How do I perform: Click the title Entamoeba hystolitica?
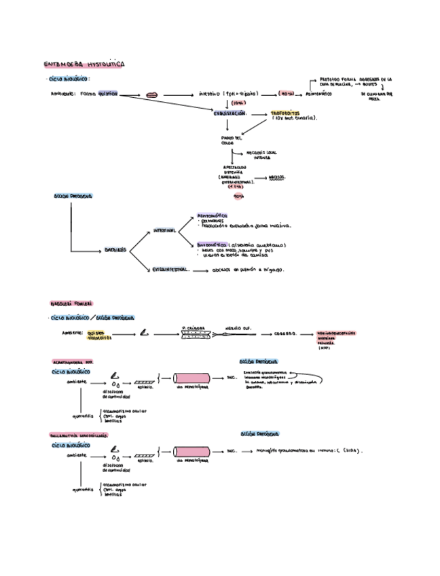coord(84,65)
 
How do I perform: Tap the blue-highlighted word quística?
coord(107,93)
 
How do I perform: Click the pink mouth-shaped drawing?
coord(151,94)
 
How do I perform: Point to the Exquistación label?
coord(230,113)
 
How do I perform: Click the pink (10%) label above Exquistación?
coord(238,103)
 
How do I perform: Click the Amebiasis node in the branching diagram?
coord(115,249)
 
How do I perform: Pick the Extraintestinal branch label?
coord(170,270)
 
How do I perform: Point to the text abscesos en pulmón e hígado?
coord(249,270)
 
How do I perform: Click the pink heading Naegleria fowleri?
coord(71,304)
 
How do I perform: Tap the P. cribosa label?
coord(194,327)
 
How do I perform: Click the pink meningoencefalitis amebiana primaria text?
coord(336,338)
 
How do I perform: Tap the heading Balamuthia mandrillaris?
coord(79,435)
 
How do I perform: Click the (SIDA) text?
coord(352,450)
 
